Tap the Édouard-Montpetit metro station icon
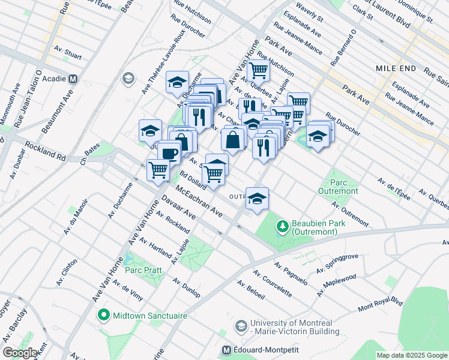[227, 350]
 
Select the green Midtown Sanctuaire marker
[103, 315]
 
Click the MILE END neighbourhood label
[396, 68]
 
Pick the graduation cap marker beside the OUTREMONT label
[257, 198]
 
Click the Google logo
[20, 353]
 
